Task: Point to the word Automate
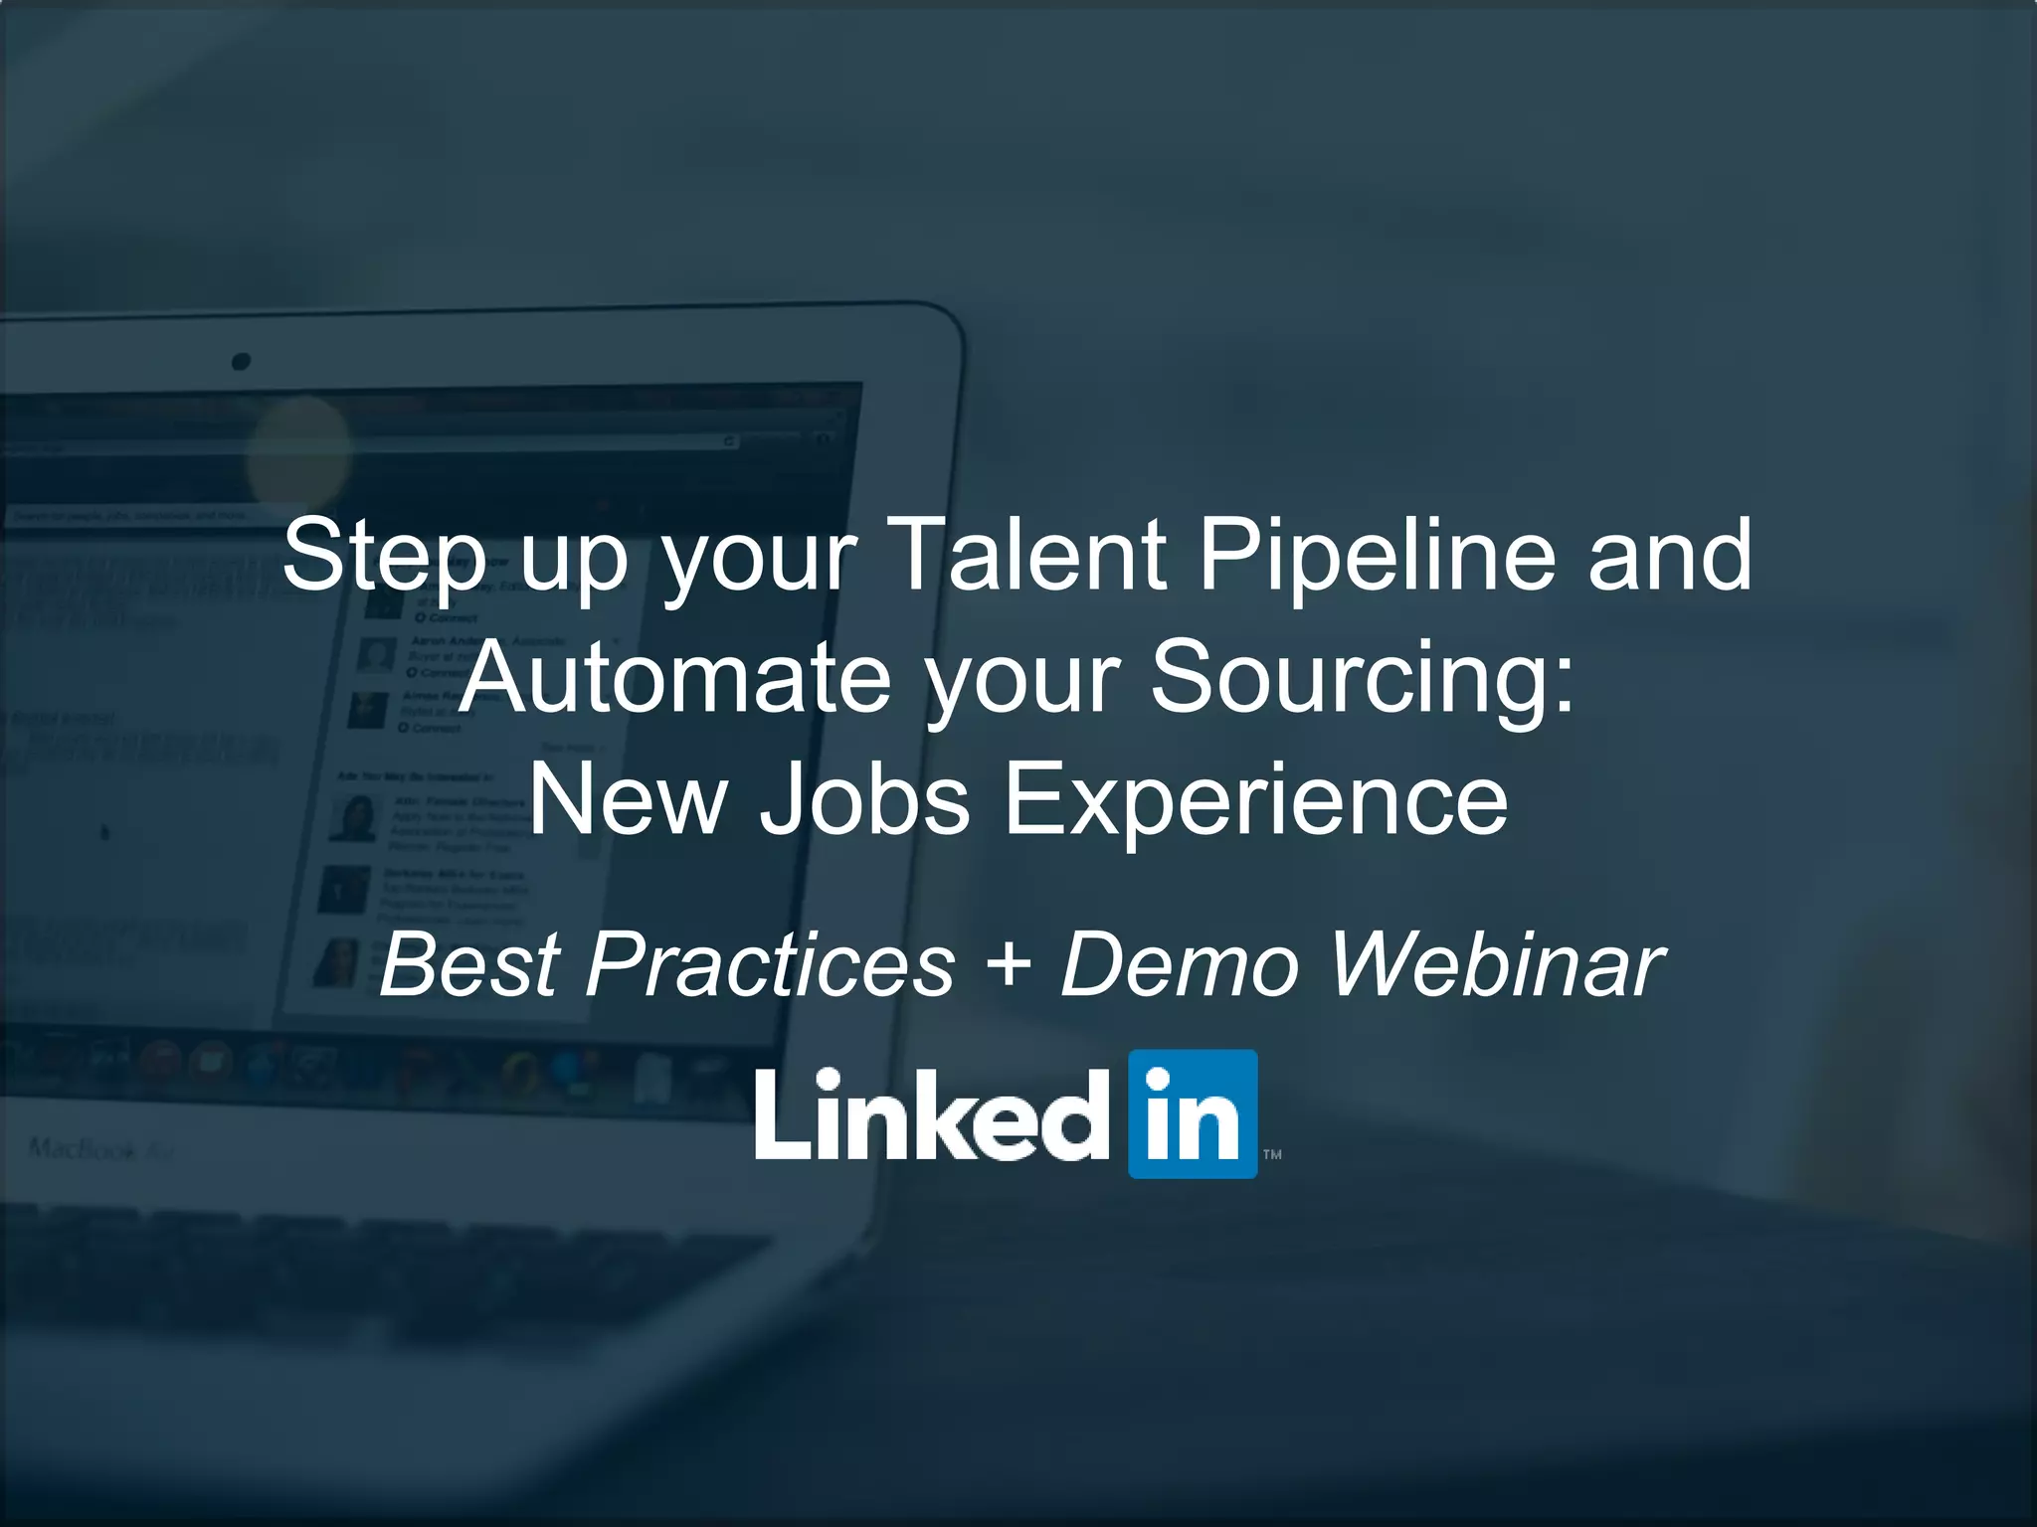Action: pos(676,678)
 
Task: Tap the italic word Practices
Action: pos(771,964)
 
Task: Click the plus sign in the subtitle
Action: pos(1010,964)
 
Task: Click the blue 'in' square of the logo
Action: pos(1193,1113)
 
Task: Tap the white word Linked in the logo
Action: pos(932,1115)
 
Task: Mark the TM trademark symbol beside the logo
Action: pos(1272,1154)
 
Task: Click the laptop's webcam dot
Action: pos(241,361)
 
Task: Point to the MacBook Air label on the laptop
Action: pos(100,1150)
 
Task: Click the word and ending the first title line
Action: pos(1670,555)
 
